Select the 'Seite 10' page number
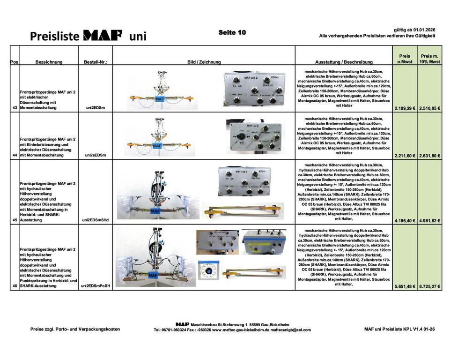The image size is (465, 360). tap(232, 32)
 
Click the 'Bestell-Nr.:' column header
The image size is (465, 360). tap(96, 61)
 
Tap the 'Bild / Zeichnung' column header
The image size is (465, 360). tap(204, 61)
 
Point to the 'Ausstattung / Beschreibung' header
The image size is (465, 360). tap(344, 61)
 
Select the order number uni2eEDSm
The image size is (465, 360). tap(95, 155)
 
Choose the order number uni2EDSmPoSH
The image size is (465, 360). tap(96, 285)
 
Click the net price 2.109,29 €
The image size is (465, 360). tap(405, 108)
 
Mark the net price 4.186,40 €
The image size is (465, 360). tap(405, 220)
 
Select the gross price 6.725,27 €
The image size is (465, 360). tap(430, 286)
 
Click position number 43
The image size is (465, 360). tap(14, 108)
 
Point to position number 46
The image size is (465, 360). tap(14, 285)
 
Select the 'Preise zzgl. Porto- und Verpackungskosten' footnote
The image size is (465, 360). tap(75, 329)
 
